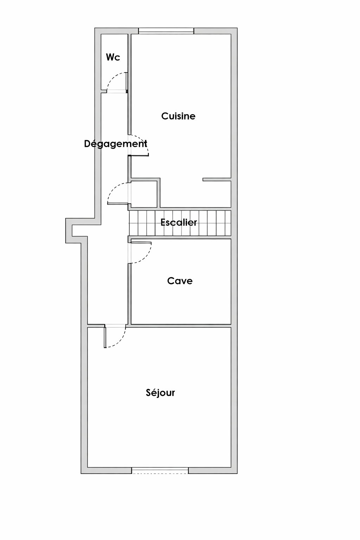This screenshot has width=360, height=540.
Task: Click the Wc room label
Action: [x=113, y=57]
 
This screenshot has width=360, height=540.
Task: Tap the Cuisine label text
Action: [x=178, y=116]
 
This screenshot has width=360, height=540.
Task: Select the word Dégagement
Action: [x=116, y=144]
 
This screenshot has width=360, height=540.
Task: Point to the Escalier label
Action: [x=179, y=222]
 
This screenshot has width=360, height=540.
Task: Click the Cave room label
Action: [x=180, y=281]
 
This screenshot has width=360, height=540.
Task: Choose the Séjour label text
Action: [x=160, y=393]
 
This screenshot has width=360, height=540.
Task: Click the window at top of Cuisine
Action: [x=166, y=31]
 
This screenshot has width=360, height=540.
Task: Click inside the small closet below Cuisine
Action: [x=144, y=194]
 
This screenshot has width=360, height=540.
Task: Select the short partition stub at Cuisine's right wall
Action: [x=217, y=179]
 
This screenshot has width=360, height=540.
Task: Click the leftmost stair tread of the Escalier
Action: [x=133, y=223]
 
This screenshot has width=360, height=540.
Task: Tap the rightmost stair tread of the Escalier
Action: [x=228, y=223]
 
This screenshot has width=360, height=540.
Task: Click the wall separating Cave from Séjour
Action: [x=181, y=326]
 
